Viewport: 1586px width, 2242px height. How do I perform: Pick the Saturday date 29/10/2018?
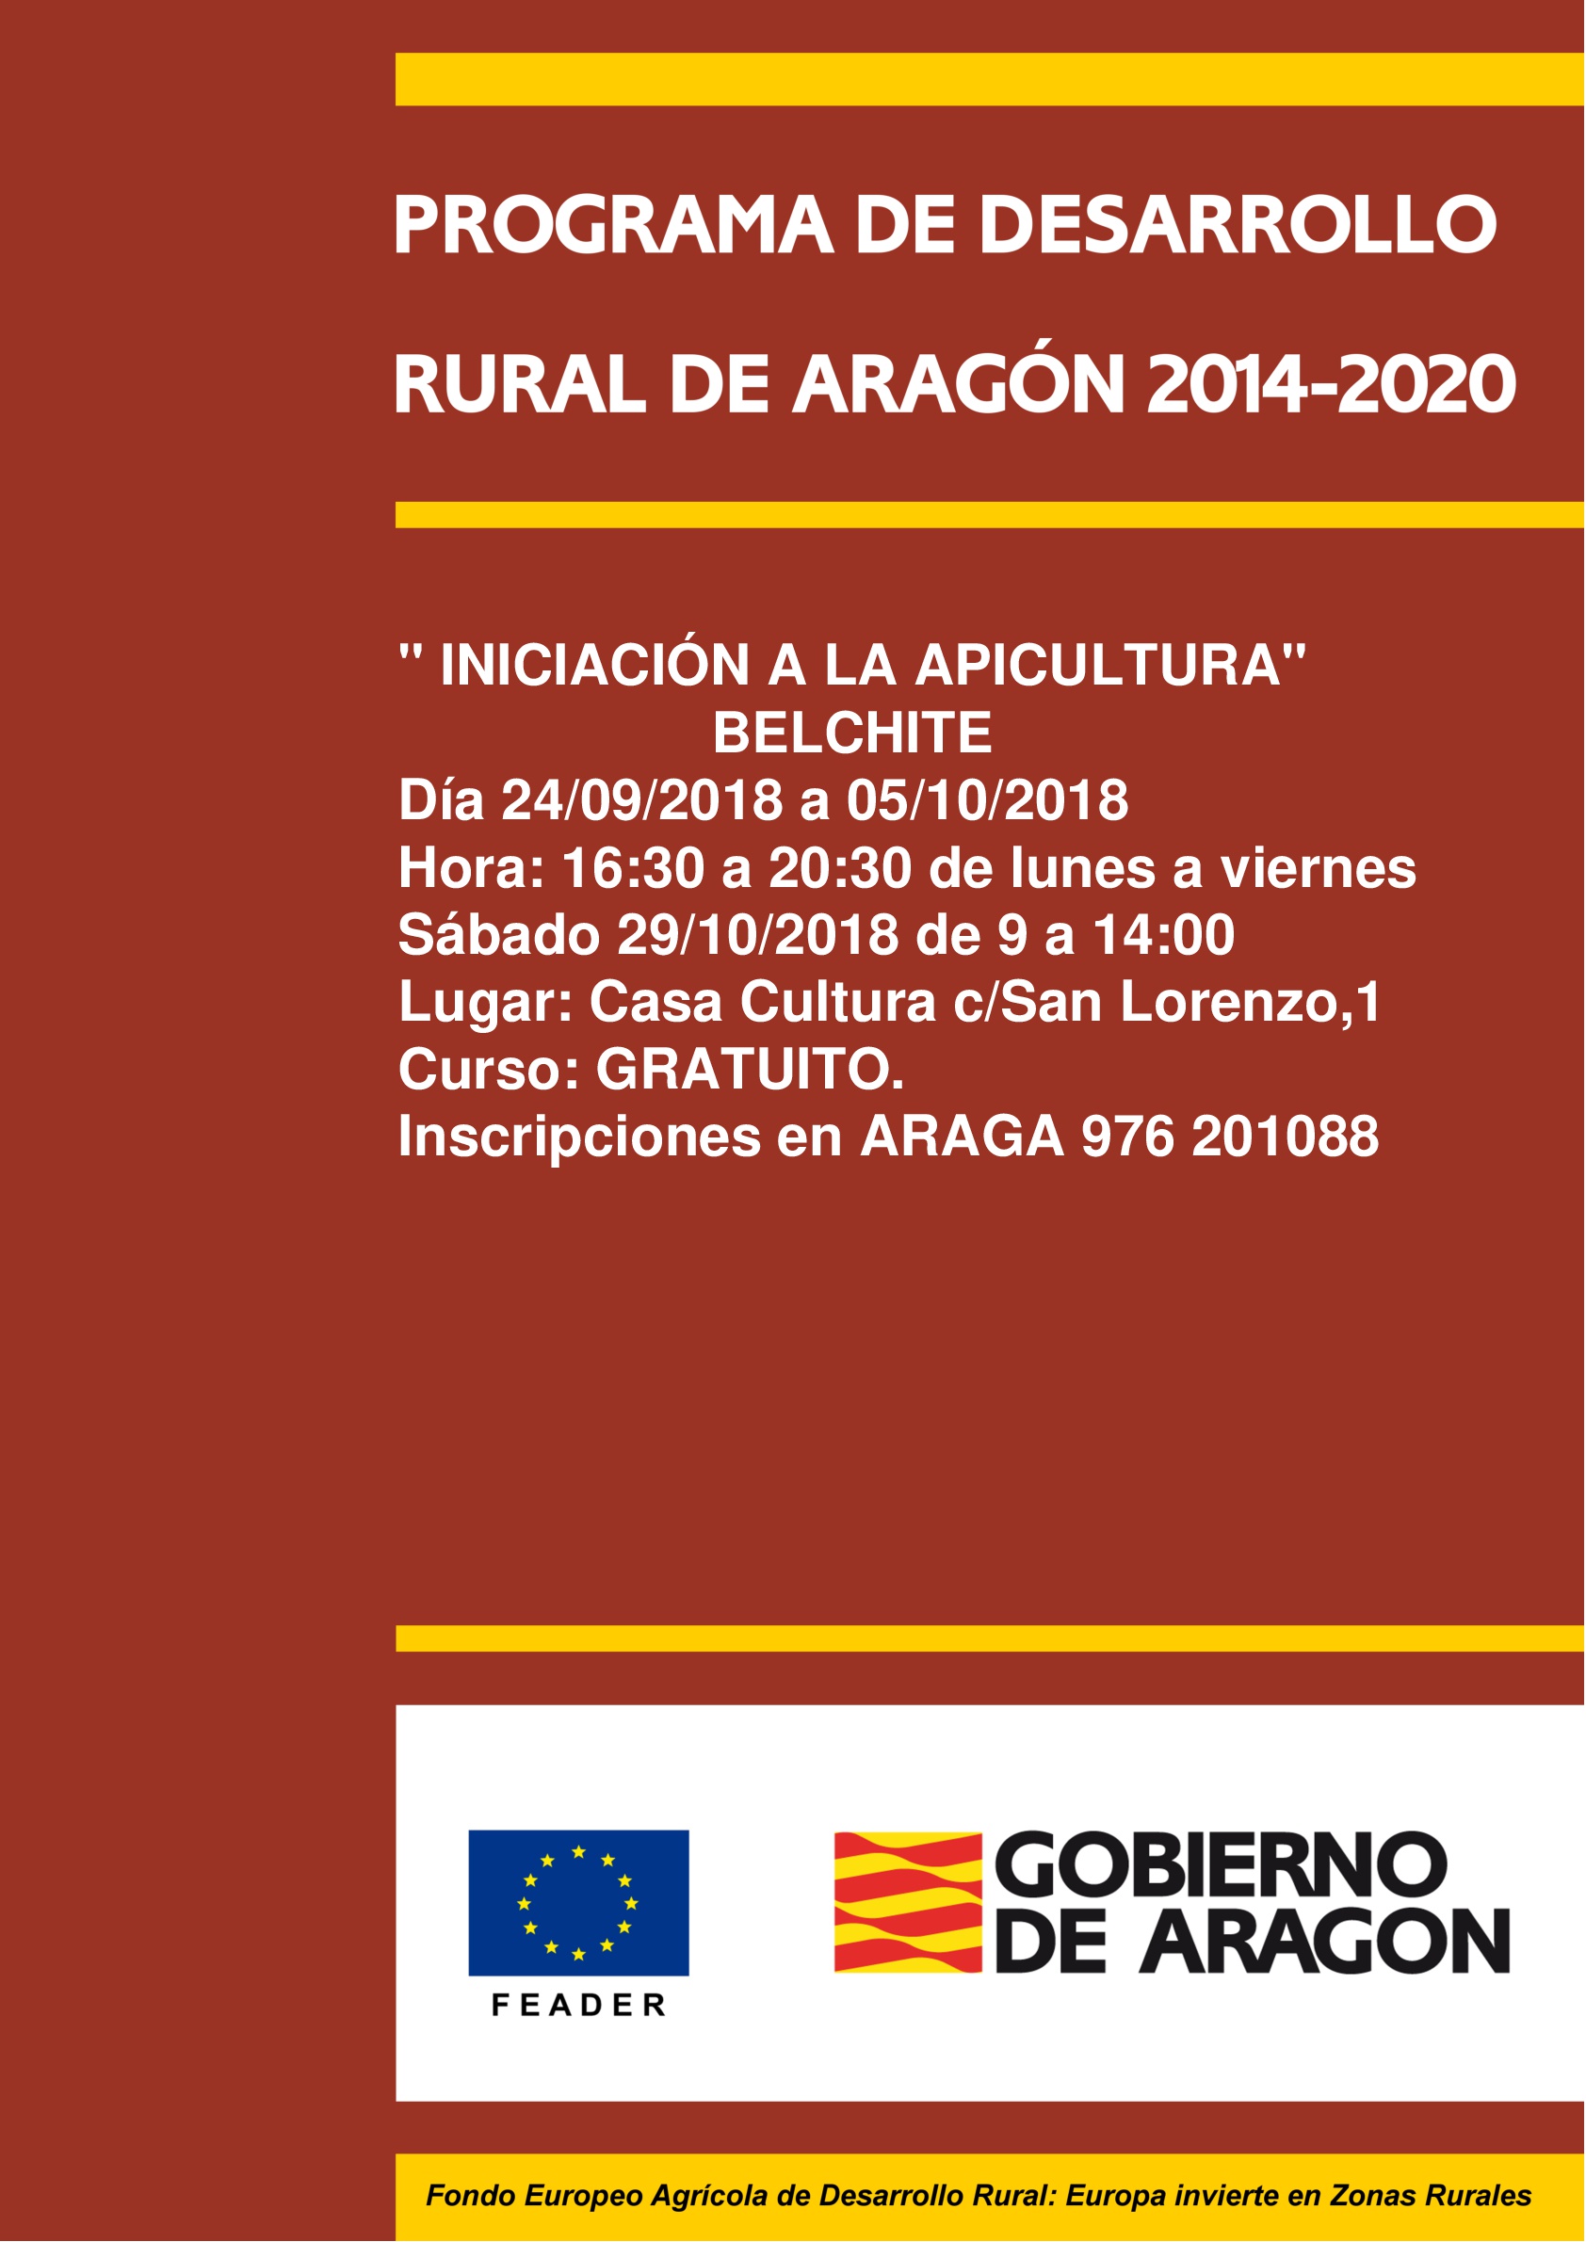758,934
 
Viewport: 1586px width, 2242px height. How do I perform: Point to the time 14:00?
1163,934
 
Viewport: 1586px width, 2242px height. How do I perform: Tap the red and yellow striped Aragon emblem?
907,1902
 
